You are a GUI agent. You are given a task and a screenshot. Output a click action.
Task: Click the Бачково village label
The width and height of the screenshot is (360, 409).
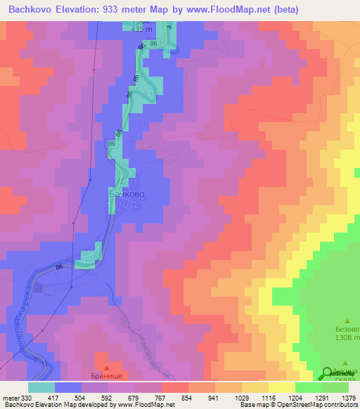point(127,192)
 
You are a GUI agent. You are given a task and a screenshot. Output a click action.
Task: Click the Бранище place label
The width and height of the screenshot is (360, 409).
point(108,377)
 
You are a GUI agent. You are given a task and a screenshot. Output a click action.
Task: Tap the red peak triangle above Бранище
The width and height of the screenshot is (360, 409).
point(107,367)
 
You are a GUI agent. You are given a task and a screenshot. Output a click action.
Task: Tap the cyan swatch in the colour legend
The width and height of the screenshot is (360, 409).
point(41,387)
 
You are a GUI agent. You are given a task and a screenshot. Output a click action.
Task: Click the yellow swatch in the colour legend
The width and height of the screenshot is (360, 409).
point(281,387)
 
